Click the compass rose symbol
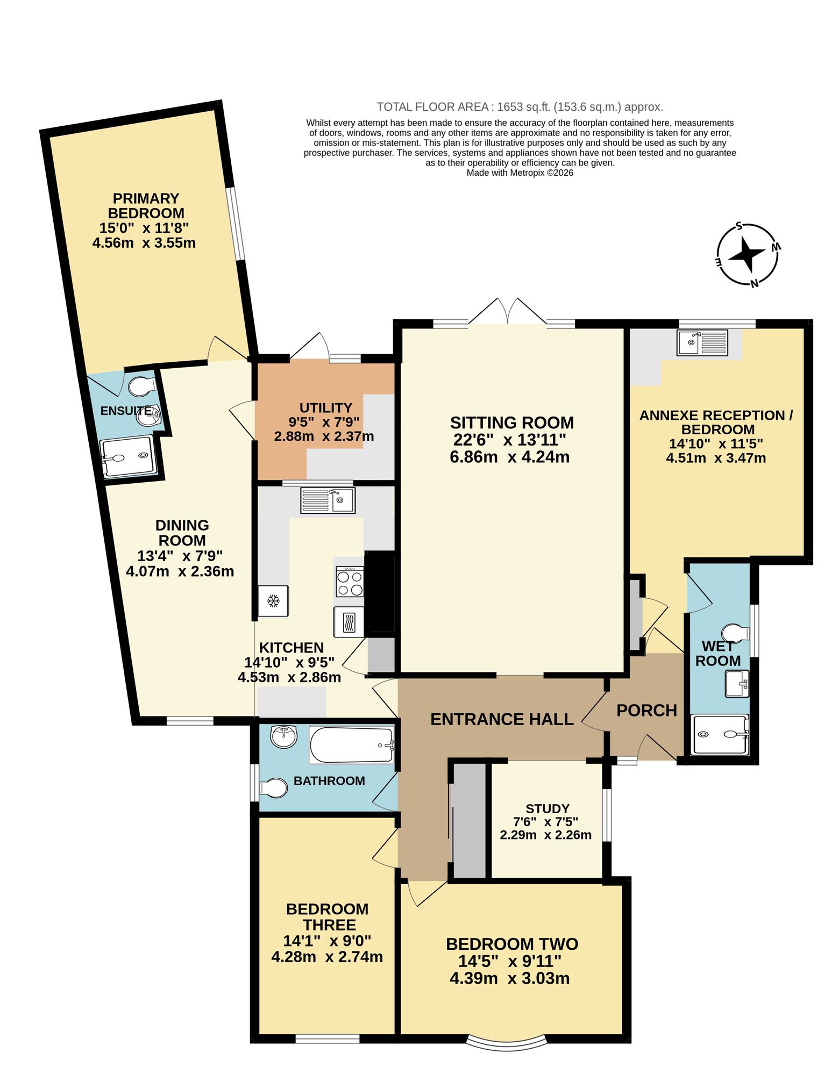(x=747, y=254)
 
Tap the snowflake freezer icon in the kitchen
(x=273, y=600)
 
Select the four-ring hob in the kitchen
(x=350, y=582)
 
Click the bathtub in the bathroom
(x=351, y=745)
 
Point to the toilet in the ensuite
(x=143, y=385)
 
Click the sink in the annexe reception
(x=702, y=343)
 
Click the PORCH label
(x=646, y=711)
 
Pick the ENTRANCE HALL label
(x=502, y=719)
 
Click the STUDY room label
(x=548, y=808)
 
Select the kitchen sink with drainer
(x=328, y=500)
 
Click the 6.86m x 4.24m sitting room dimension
(x=509, y=457)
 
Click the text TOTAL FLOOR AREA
(x=432, y=107)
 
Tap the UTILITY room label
(x=325, y=407)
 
